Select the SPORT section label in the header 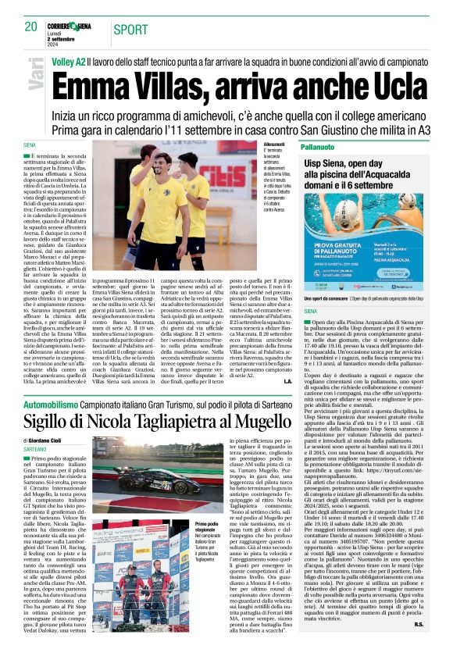coord(131,30)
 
